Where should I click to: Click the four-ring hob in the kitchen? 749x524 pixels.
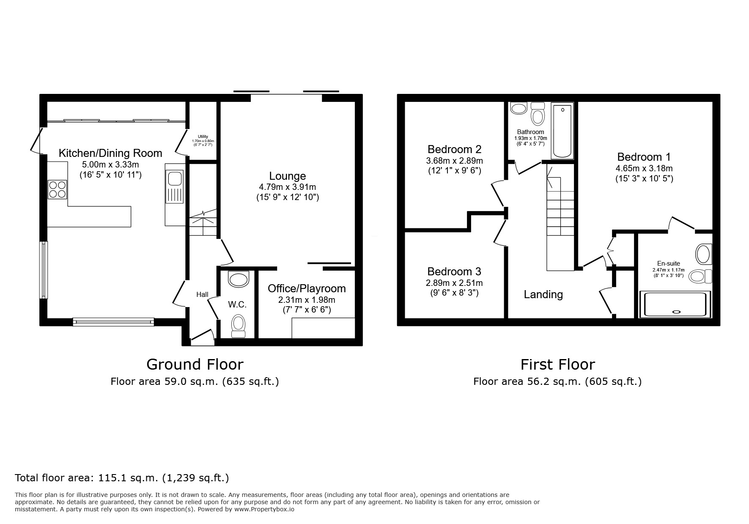(58, 189)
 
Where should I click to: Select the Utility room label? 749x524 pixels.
(203, 137)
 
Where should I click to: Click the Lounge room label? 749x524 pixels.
(288, 176)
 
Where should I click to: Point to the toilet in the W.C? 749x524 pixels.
(239, 326)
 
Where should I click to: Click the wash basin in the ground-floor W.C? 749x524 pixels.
(239, 279)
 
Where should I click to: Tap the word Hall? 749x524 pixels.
(202, 294)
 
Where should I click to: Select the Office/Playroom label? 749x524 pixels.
(307, 288)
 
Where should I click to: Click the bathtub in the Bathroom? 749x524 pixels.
(562, 130)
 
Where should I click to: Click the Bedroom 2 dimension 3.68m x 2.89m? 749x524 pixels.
(454, 161)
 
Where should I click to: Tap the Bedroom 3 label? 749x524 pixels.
(454, 272)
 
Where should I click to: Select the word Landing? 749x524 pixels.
(543, 294)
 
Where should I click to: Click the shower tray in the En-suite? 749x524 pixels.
(675, 305)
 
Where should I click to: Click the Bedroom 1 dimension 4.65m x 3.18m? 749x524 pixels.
(644, 168)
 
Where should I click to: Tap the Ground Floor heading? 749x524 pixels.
(195, 364)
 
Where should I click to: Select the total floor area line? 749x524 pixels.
(122, 478)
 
